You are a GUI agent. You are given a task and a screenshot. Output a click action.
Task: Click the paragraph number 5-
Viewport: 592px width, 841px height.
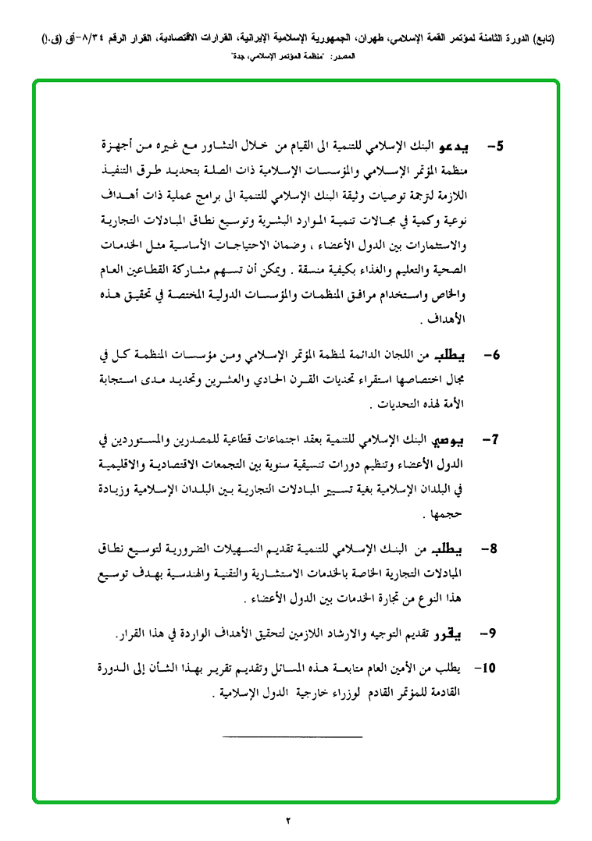[x=495, y=147]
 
